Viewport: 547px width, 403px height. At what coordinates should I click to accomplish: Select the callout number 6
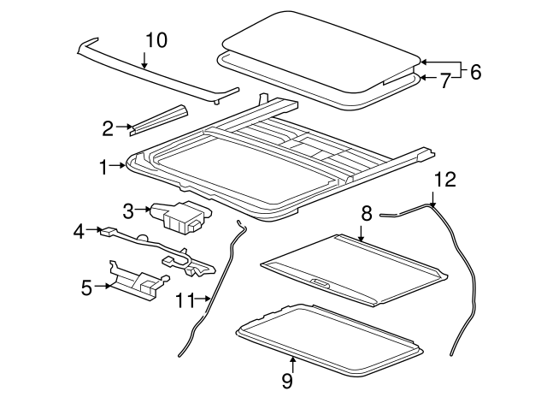click(475, 72)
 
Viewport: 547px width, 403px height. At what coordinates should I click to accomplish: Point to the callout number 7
click(444, 81)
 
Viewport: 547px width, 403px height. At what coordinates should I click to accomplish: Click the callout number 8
click(366, 212)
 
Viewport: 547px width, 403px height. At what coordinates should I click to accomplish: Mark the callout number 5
click(86, 287)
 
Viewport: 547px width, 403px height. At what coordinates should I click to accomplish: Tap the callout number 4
click(79, 230)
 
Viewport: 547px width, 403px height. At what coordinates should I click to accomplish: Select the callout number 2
click(108, 129)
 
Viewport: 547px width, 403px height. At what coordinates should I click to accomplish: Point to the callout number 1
click(103, 168)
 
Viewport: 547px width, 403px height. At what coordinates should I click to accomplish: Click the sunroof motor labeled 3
click(181, 216)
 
